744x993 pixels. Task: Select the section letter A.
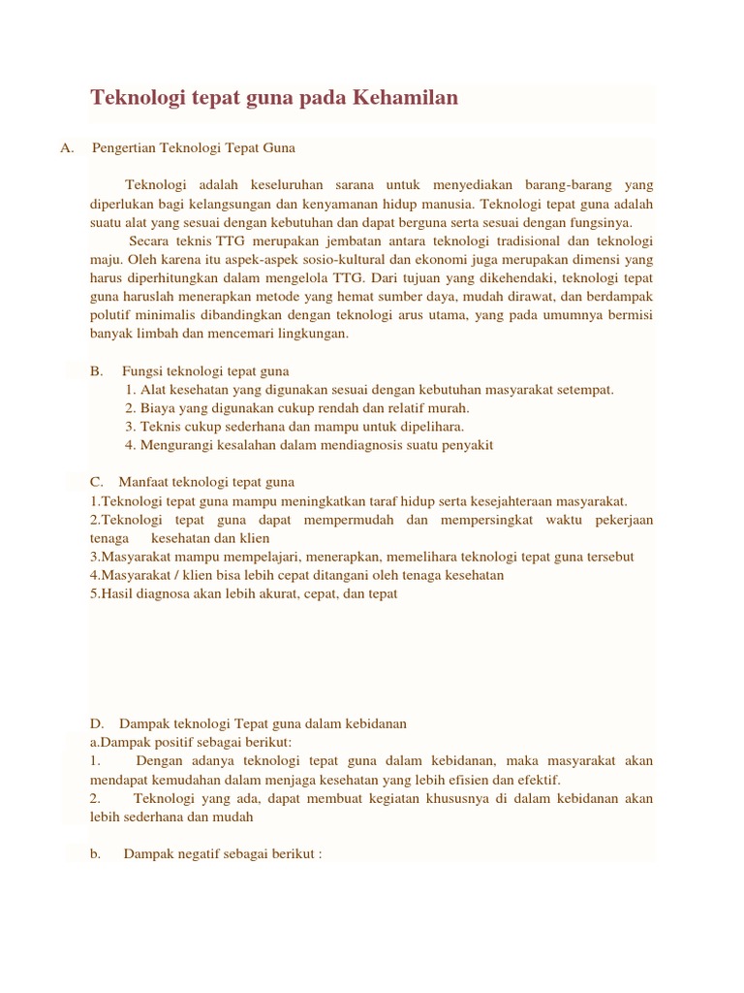click(66, 148)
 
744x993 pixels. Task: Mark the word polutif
click(110, 315)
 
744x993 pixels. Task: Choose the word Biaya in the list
click(157, 408)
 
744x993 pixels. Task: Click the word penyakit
click(467, 445)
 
